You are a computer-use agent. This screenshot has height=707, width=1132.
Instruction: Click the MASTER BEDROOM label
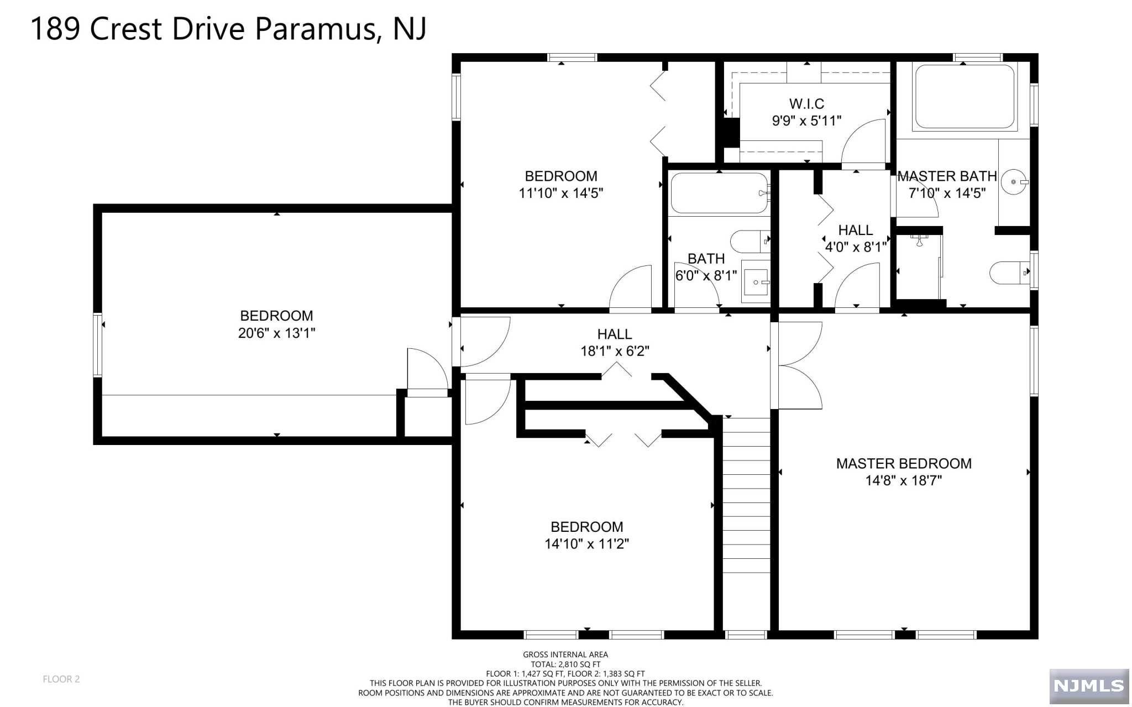click(x=904, y=464)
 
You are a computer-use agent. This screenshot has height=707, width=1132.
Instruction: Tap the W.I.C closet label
click(x=806, y=103)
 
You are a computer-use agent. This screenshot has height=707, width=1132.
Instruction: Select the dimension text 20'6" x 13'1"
click(x=276, y=333)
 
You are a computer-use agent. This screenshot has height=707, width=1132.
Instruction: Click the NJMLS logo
click(x=1089, y=686)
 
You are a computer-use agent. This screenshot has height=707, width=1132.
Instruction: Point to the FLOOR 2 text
click(x=61, y=679)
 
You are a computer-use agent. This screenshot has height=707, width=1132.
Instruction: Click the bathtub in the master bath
click(x=965, y=97)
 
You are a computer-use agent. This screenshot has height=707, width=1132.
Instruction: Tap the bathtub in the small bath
click(x=720, y=193)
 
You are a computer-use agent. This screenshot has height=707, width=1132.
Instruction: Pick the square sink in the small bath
click(x=757, y=282)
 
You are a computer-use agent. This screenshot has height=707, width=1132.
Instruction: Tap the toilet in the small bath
click(x=750, y=240)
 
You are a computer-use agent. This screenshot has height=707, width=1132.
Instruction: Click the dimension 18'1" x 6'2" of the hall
click(x=615, y=351)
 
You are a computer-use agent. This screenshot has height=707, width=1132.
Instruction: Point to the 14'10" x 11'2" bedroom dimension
click(x=586, y=544)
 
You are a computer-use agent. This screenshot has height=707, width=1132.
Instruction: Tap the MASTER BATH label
click(x=947, y=176)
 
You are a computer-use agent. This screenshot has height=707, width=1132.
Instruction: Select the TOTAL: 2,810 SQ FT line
click(x=565, y=664)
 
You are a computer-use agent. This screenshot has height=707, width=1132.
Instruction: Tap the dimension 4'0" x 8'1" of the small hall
click(x=856, y=247)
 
